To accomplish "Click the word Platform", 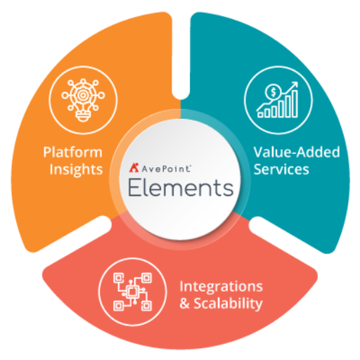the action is pyautogui.click(x=73, y=153).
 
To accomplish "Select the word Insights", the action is pyautogui.click(x=76, y=169).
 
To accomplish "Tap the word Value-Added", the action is pyautogui.click(x=297, y=152).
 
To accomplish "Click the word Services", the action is pyautogui.click(x=281, y=169).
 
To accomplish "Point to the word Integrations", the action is pyautogui.click(x=221, y=287).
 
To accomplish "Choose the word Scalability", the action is pyautogui.click(x=228, y=304).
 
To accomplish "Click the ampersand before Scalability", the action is pyautogui.click(x=185, y=304).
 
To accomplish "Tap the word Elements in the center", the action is pyautogui.click(x=181, y=188).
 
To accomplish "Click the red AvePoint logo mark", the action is pyautogui.click(x=134, y=167).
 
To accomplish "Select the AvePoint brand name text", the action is pyautogui.click(x=166, y=169).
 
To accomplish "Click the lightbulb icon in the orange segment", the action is pyautogui.click(x=83, y=100).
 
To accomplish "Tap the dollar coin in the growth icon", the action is pyautogui.click(x=273, y=92).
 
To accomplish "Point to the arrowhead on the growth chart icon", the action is pyautogui.click(x=295, y=85).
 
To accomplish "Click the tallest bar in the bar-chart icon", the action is pyautogui.click(x=295, y=104).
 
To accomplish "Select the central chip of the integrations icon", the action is pyautogui.click(x=131, y=292).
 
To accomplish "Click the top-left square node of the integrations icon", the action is pyautogui.click(x=118, y=278).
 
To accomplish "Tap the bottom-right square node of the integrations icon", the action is pyautogui.click(x=146, y=306).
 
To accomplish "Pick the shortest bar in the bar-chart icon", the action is pyautogui.click(x=260, y=115).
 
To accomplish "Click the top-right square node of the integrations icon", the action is pyautogui.click(x=146, y=278).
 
